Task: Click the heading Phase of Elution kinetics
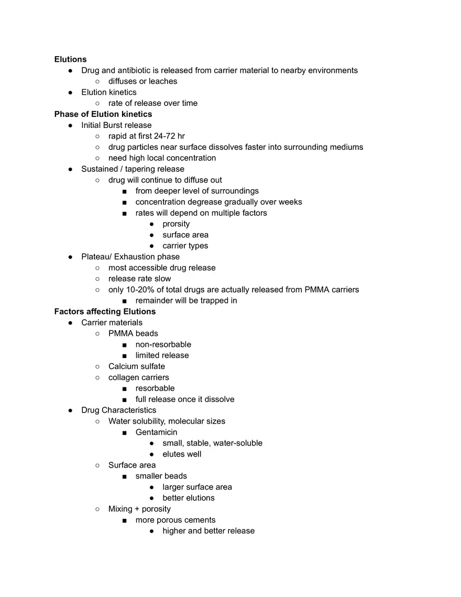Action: (x=103, y=114)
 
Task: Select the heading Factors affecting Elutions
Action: (x=105, y=311)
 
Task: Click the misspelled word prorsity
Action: (x=176, y=224)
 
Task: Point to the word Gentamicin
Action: (x=156, y=432)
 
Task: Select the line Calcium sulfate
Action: (x=136, y=366)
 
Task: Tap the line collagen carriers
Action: (x=138, y=377)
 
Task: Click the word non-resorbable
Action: (x=163, y=344)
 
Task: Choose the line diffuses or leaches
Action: (x=142, y=81)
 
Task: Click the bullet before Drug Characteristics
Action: (x=70, y=410)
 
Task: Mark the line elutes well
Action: (x=182, y=454)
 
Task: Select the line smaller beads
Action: (x=161, y=476)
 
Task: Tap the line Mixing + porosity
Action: (x=139, y=509)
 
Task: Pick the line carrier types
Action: (x=185, y=246)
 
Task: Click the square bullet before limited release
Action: (x=124, y=355)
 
